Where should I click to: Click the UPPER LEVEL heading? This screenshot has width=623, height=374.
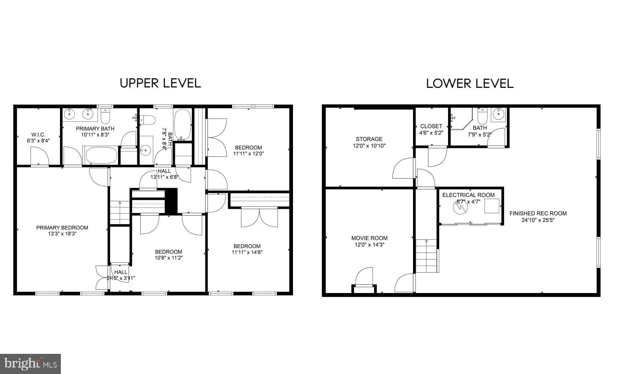tap(160, 83)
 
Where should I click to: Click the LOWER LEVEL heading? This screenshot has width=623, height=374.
tap(469, 83)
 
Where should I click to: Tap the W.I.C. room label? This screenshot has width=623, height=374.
tap(38, 135)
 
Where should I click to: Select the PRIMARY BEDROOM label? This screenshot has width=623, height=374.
tap(62, 228)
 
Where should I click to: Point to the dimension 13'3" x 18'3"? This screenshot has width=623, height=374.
tap(62, 234)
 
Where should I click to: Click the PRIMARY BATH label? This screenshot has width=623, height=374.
tap(95, 129)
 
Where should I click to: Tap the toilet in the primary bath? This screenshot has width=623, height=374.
tap(106, 116)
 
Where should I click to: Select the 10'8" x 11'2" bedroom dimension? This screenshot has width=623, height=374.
tap(169, 258)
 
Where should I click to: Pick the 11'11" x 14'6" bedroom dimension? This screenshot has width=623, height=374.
tap(247, 252)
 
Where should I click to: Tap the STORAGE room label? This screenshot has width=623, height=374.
tap(369, 139)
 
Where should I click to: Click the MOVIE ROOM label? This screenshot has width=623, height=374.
tap(369, 238)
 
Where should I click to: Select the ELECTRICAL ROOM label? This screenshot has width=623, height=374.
tap(468, 195)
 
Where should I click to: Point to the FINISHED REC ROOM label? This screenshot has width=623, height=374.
tap(538, 213)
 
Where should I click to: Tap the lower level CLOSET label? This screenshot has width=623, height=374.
tap(431, 126)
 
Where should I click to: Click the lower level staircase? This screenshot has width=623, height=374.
tap(426, 256)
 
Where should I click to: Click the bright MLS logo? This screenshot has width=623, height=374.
tap(31, 364)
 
